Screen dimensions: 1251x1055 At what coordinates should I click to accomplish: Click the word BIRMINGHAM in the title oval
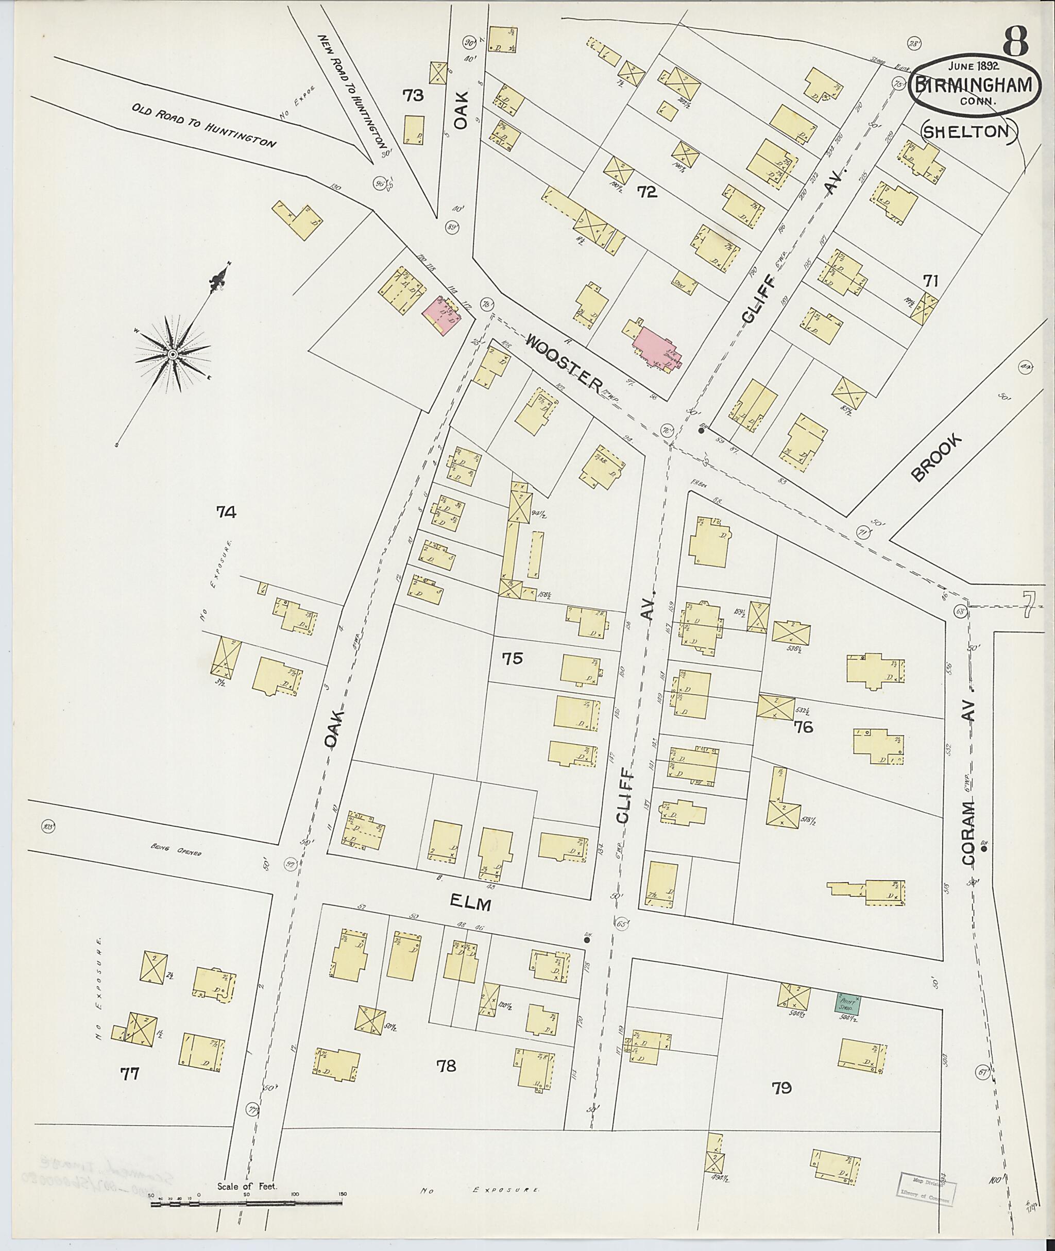click(x=973, y=85)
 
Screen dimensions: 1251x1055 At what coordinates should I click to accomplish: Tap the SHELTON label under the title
click(x=969, y=131)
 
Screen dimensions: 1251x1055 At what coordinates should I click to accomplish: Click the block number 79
click(x=781, y=1088)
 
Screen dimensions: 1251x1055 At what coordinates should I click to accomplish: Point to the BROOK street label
click(x=937, y=457)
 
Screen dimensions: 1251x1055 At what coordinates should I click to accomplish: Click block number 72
click(x=647, y=192)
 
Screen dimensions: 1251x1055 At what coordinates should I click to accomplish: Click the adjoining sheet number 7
click(x=1028, y=605)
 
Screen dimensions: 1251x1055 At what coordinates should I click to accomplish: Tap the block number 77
click(x=130, y=1074)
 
